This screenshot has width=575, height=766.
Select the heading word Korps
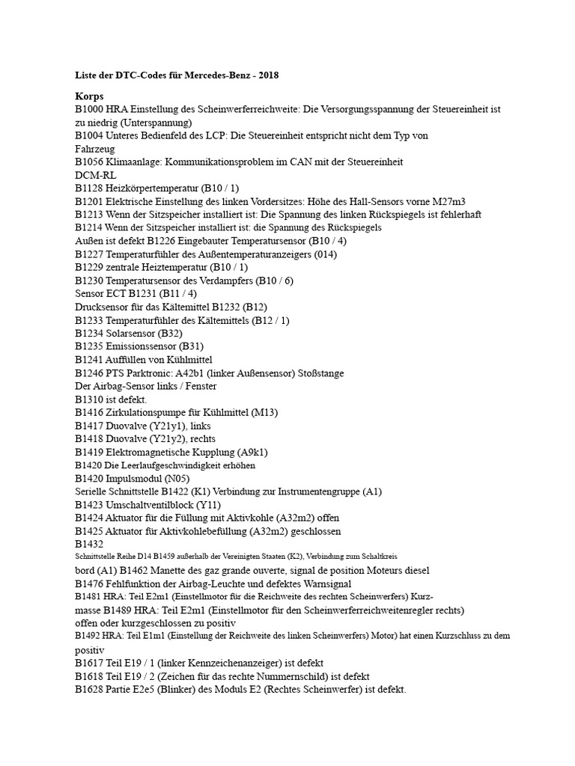[x=90, y=97]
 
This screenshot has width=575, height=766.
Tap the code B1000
[x=90, y=109]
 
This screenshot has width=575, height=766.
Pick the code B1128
[x=90, y=188]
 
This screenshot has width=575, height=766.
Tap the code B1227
[x=90, y=254]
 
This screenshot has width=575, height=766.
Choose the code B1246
[x=90, y=373]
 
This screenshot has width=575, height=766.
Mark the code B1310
[x=90, y=399]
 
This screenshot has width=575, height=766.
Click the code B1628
[x=90, y=689]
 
